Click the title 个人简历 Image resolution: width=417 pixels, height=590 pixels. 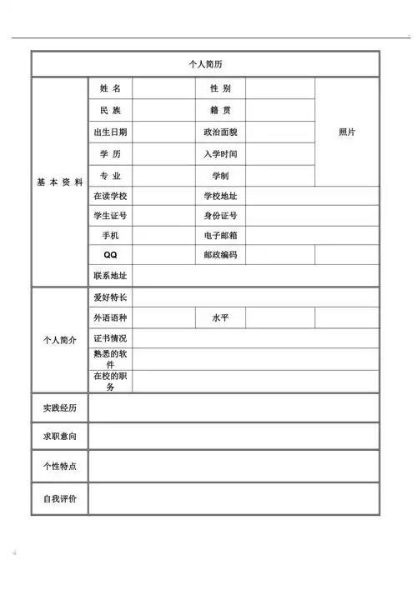206,64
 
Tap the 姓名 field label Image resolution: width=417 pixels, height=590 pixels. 110,88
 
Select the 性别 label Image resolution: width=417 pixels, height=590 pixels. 220,88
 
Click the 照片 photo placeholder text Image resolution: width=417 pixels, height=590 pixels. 347,132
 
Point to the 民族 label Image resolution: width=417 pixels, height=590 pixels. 110,110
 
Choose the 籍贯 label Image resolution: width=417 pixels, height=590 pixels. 220,110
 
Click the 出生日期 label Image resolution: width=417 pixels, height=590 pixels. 110,132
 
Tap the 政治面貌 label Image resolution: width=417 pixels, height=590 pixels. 220,132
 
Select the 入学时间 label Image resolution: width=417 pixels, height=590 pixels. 220,154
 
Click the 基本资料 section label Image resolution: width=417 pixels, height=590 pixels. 59,182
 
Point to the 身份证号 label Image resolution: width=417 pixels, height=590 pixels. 220,217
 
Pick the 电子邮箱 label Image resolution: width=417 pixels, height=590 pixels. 220,236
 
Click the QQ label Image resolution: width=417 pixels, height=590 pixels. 110,255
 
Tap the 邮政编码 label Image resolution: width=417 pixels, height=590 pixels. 220,255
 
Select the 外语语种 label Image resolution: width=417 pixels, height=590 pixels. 110,318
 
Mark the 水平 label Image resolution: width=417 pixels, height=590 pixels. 220,318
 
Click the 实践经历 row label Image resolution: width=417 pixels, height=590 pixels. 59,408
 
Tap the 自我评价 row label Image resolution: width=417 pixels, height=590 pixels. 59,498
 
